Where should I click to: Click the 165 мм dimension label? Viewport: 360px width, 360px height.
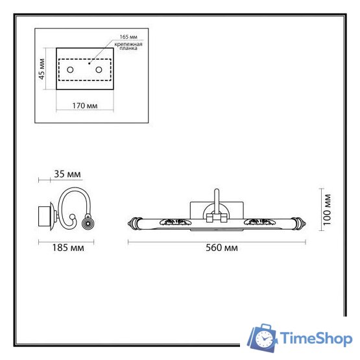[x=130, y=36]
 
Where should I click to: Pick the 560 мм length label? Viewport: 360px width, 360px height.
[x=219, y=247]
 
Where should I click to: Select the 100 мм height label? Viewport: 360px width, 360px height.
[x=328, y=209]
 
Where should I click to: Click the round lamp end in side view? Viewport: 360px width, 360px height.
[x=86, y=224]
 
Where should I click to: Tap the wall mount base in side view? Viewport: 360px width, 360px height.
[x=46, y=215]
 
